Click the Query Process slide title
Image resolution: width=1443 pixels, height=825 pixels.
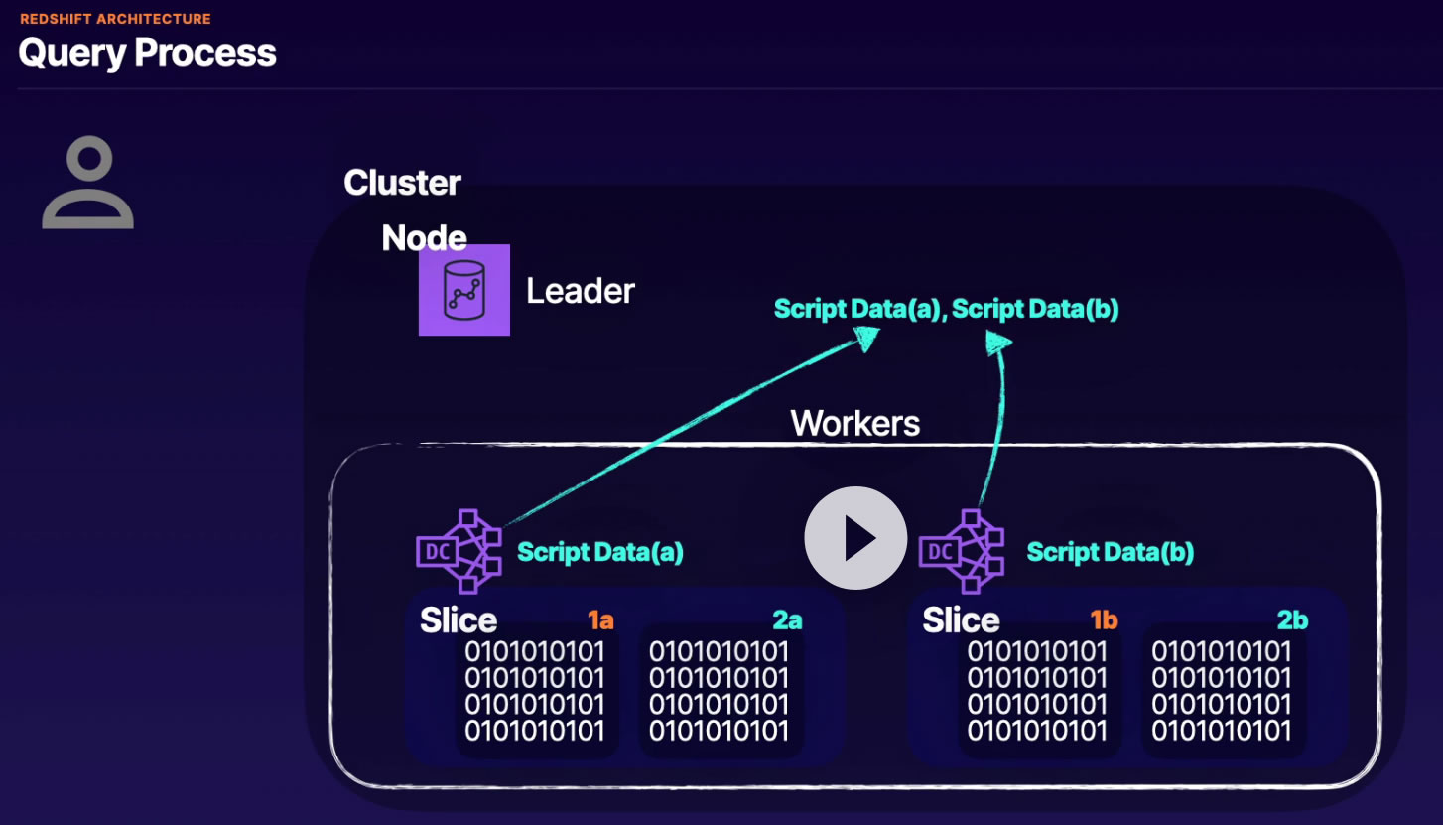147,53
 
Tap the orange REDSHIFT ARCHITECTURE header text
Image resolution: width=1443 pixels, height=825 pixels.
115,19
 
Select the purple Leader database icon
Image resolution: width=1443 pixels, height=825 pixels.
463,290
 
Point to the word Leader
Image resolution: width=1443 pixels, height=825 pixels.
581,291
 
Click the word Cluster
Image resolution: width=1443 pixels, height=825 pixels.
402,183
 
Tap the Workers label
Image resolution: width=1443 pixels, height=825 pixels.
854,423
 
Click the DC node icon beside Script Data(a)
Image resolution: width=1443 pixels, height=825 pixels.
459,551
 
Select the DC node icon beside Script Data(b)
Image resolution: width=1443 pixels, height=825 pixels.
961,551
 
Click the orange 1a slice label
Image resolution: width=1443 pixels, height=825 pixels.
600,621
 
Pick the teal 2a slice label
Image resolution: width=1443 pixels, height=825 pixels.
787,621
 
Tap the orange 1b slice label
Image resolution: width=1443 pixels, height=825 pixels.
1104,621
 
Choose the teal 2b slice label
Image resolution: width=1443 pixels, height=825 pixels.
1292,621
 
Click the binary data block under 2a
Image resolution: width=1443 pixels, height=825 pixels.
720,691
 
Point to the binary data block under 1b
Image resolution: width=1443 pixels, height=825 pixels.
1037,691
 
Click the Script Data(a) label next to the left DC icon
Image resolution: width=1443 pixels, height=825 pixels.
600,552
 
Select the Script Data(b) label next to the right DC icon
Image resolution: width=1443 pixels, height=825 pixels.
1110,552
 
